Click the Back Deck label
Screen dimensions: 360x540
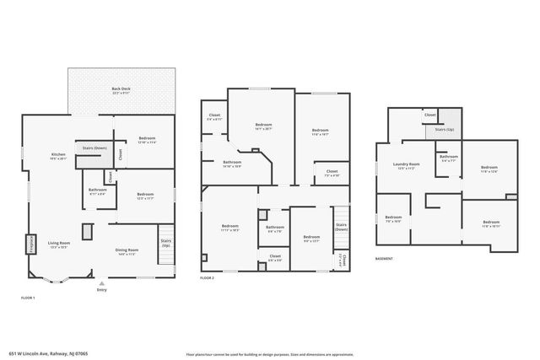point(121,89)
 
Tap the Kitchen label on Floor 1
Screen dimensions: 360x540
point(58,156)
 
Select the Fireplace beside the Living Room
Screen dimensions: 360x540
point(31,244)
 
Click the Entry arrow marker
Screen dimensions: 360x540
point(101,283)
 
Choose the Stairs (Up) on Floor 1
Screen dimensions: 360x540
point(165,244)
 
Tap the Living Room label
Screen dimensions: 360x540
point(58,244)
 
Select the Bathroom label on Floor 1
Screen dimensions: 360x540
point(97,191)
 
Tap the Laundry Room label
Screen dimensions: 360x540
point(408,166)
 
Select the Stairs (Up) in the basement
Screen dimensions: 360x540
point(445,130)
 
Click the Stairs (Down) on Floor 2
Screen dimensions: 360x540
point(341,227)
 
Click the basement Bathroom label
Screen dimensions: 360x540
point(448,157)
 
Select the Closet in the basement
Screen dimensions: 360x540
point(429,115)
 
